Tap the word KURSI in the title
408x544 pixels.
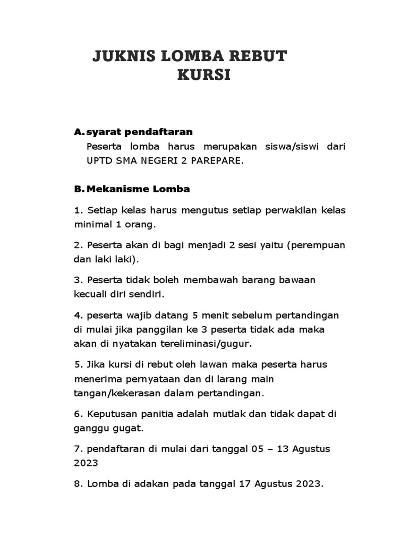[x=204, y=75]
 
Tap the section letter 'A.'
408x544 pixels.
[x=79, y=131]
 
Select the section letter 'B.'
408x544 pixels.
[x=79, y=189]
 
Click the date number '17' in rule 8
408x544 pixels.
[x=245, y=483]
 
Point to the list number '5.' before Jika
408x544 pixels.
[x=78, y=364]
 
